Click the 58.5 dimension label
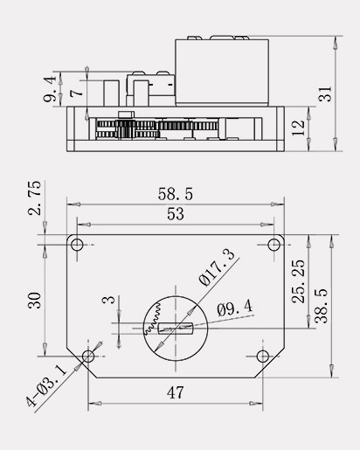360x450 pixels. click(x=176, y=194)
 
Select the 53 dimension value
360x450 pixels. click(x=176, y=214)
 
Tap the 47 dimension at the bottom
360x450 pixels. click(x=176, y=392)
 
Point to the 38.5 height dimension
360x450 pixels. click(x=322, y=306)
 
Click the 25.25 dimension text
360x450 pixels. click(x=298, y=281)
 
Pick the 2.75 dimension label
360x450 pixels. click(x=35, y=198)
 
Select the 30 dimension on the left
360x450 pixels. click(x=35, y=301)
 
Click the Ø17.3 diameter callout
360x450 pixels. click(x=217, y=267)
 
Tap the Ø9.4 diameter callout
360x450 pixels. click(x=235, y=308)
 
